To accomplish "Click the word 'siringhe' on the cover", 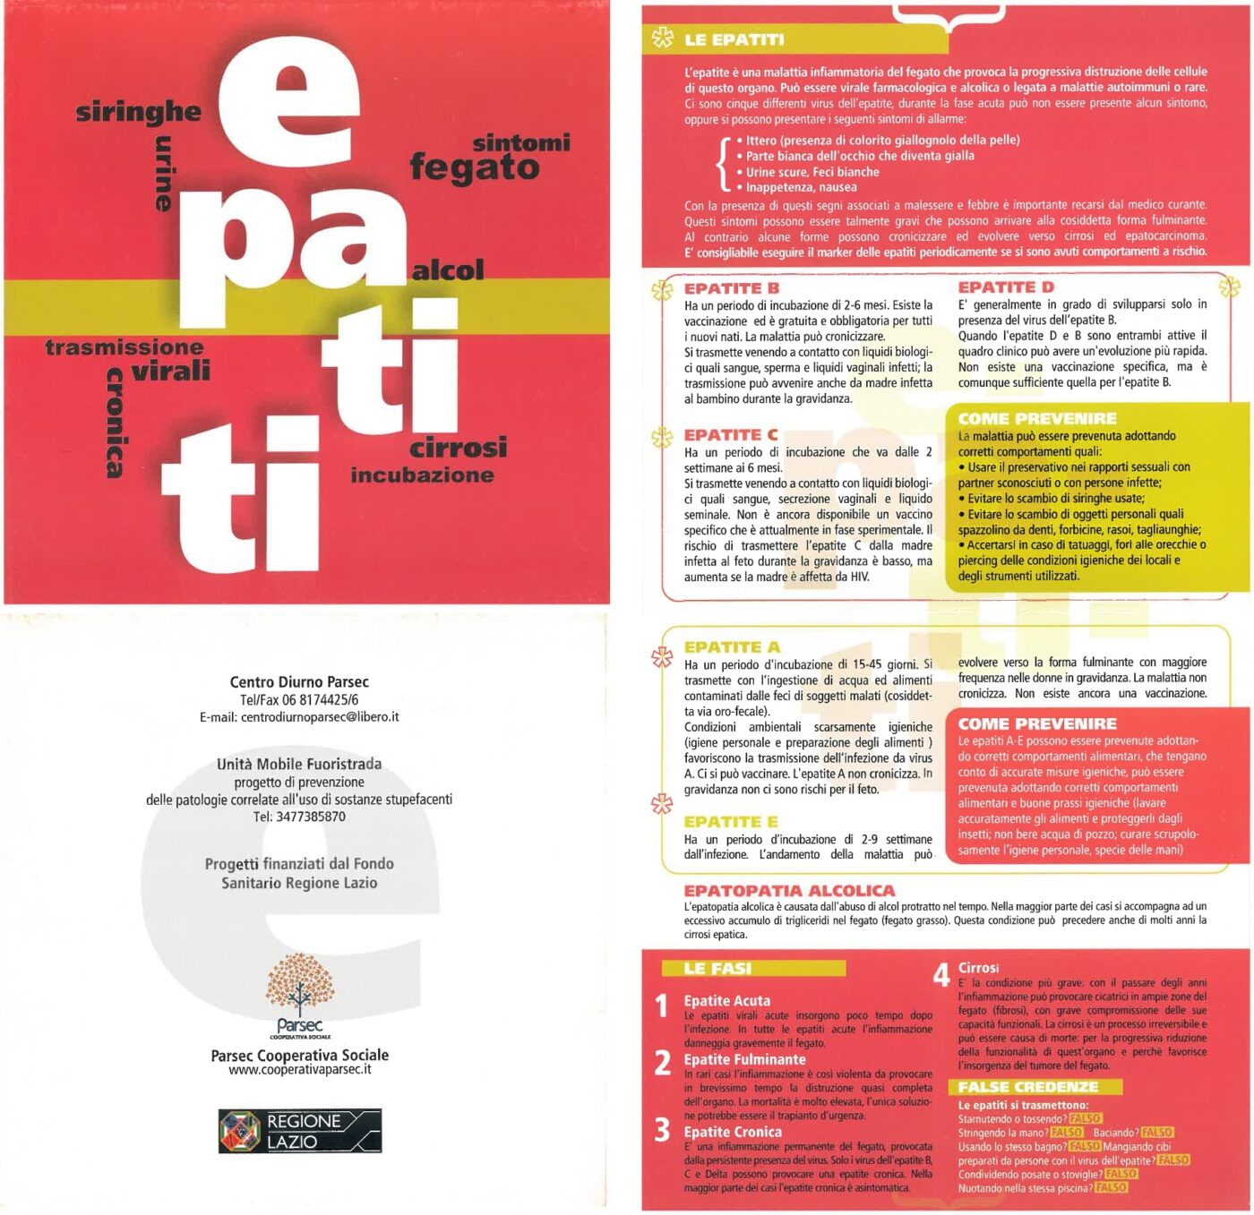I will pyautogui.click(x=138, y=113).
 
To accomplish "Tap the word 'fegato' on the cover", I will pyautogui.click(x=475, y=168).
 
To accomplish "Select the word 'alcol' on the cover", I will pyautogui.click(x=448, y=270).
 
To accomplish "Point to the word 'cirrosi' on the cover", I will pyautogui.click(x=459, y=448).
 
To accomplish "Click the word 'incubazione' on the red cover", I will pyautogui.click(x=422, y=475).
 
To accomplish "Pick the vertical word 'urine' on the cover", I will pyautogui.click(x=164, y=174).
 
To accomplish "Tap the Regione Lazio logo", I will pyautogui.click(x=300, y=1131).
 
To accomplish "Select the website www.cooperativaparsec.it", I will pyautogui.click(x=299, y=1070).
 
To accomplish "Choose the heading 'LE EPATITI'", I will pyautogui.click(x=734, y=40).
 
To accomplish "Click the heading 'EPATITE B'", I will pyautogui.click(x=732, y=288).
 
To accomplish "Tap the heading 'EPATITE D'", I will pyautogui.click(x=1006, y=287).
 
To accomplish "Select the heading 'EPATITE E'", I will pyautogui.click(x=731, y=822).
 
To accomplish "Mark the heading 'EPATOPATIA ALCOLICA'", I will pyautogui.click(x=789, y=891).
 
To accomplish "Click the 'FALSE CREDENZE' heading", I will pyautogui.click(x=1027, y=1087).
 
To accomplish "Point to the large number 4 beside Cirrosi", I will pyautogui.click(x=940, y=975).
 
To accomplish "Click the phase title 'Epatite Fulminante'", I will pyautogui.click(x=744, y=1060).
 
